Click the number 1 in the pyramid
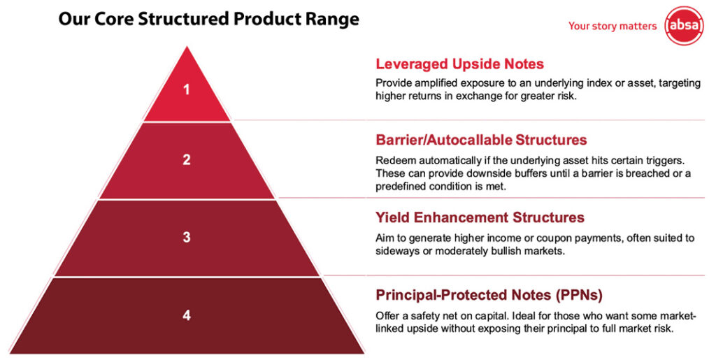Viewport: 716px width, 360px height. pyautogui.click(x=186, y=89)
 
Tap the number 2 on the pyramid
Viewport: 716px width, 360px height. pyautogui.click(x=186, y=159)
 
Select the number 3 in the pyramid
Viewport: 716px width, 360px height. pyautogui.click(x=186, y=237)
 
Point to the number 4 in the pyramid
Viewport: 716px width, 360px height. pyautogui.click(x=186, y=315)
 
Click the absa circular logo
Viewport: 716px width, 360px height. pyautogui.click(x=684, y=26)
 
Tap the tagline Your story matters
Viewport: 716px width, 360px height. pyautogui.click(x=613, y=26)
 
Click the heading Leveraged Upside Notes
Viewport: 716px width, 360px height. pyautogui.click(x=460, y=64)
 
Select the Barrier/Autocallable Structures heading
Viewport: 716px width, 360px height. pyautogui.click(x=481, y=140)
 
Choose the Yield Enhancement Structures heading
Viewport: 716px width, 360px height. pyautogui.click(x=480, y=217)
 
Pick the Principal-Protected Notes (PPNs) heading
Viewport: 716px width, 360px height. pyautogui.click(x=489, y=295)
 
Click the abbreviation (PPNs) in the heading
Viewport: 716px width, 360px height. pyautogui.click(x=579, y=296)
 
